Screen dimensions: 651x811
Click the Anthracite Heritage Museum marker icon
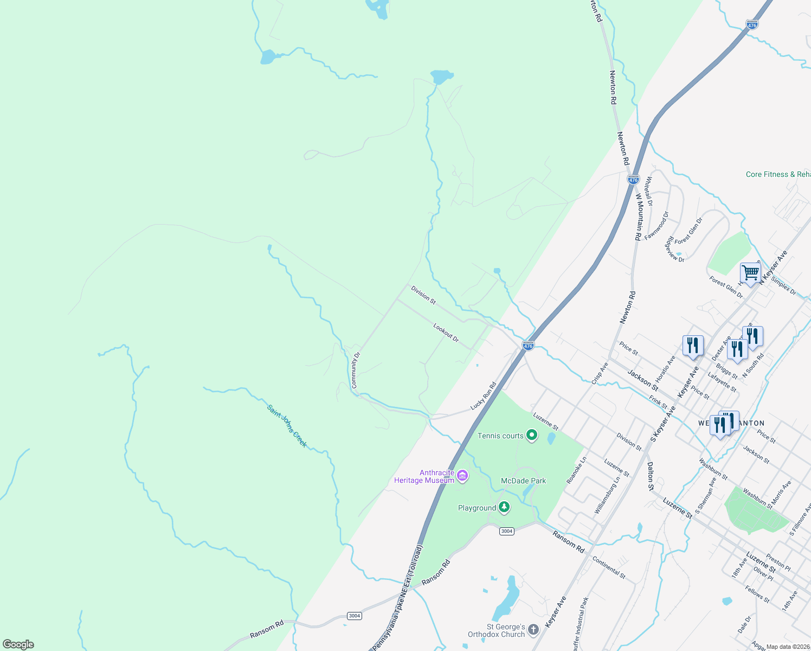[x=462, y=476]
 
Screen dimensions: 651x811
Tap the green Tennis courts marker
[x=532, y=435]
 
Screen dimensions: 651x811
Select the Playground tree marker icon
[x=504, y=507]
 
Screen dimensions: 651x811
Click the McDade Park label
[x=523, y=481]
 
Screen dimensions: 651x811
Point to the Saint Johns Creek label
[x=287, y=426]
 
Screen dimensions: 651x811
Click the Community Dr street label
[x=355, y=370]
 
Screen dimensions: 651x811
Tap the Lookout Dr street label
[x=446, y=333]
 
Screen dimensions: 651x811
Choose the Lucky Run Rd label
[x=483, y=395]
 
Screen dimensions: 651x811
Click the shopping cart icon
[x=750, y=272]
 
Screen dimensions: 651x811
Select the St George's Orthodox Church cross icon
[x=533, y=629]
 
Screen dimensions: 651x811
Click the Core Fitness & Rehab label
[x=778, y=174]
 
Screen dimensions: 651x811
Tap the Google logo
[x=18, y=644]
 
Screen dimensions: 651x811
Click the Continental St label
[x=609, y=567]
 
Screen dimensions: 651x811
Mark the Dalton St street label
[x=651, y=476]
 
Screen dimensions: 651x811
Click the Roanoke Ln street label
[x=576, y=470]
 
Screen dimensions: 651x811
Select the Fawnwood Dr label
[x=657, y=225]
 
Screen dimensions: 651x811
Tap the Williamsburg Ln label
[x=607, y=495]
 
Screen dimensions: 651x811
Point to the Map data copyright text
[x=788, y=647]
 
